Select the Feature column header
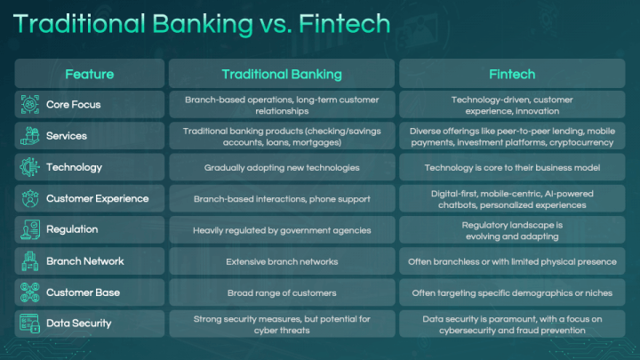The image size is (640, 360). (89, 73)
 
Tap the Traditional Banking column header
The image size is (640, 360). (281, 73)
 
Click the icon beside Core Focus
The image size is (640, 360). (30, 104)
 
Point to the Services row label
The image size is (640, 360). (67, 136)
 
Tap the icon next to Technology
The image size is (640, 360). (30, 167)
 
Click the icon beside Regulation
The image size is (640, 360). (30, 229)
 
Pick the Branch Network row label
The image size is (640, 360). (85, 261)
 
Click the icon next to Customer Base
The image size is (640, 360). (30, 292)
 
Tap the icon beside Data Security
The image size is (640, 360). (30, 324)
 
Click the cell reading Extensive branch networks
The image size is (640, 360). (281, 261)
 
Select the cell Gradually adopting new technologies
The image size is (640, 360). (281, 167)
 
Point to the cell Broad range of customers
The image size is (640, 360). (281, 292)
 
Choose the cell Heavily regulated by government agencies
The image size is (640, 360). (281, 229)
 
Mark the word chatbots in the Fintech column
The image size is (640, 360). (449, 204)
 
